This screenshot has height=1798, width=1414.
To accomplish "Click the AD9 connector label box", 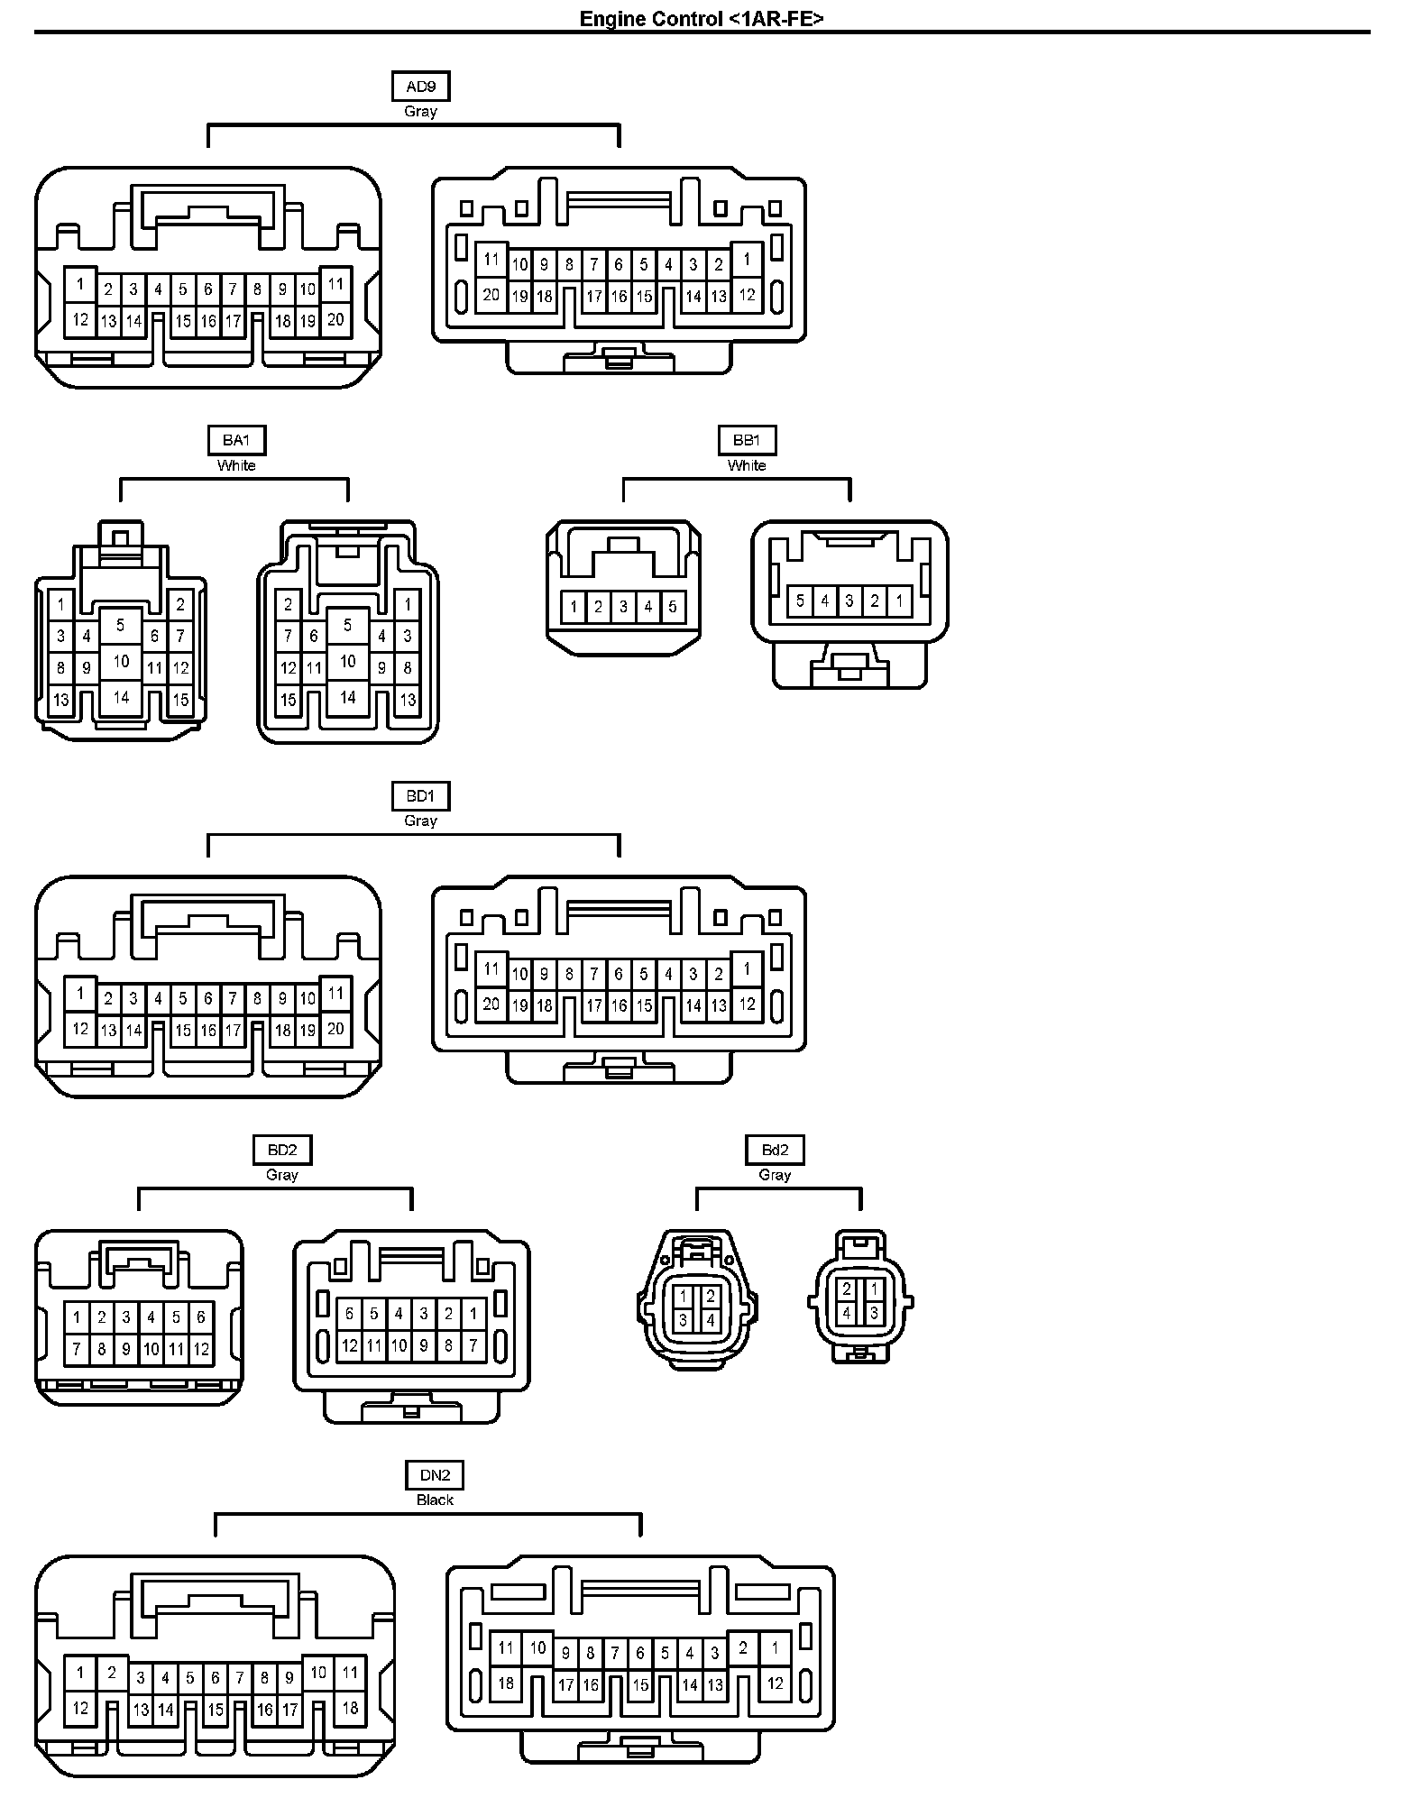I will click(x=420, y=87).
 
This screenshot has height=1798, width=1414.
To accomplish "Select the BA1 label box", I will click(x=236, y=440).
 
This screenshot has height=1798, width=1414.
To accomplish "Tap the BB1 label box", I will click(x=747, y=440).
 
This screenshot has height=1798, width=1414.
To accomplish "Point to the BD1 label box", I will click(x=420, y=796).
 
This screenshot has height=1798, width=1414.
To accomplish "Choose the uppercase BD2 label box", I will click(x=281, y=1150).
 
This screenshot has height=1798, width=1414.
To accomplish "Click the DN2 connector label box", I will click(x=435, y=1475).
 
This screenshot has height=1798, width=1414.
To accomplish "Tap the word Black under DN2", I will click(x=435, y=1500).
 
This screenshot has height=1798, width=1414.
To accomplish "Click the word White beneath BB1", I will click(x=747, y=465).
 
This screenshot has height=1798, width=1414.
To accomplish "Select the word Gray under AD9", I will click(x=420, y=111).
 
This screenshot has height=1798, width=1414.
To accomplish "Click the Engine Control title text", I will click(x=702, y=18).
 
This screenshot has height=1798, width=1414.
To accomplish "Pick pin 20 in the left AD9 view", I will click(x=335, y=319).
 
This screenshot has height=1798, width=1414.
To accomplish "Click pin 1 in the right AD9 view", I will click(x=747, y=260).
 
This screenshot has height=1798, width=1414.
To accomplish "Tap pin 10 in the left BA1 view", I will click(x=121, y=661).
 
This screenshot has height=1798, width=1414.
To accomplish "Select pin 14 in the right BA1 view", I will click(x=348, y=697).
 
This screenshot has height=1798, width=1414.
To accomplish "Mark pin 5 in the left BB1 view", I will click(x=672, y=607).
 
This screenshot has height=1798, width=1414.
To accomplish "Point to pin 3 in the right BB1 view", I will click(x=849, y=601).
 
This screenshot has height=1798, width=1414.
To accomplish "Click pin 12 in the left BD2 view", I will click(x=201, y=1350).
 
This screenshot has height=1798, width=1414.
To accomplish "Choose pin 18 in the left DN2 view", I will click(x=350, y=1707).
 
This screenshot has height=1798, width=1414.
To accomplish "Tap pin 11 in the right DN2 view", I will click(x=506, y=1647).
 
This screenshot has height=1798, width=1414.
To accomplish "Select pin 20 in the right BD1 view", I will click(x=491, y=1004).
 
